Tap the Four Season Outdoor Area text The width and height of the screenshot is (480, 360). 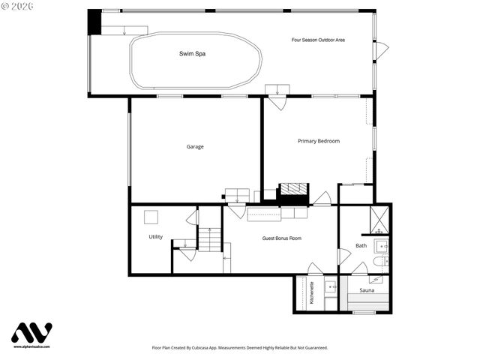tap(318, 39)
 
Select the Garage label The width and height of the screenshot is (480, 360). tap(195, 146)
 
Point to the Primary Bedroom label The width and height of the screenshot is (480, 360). tap(319, 141)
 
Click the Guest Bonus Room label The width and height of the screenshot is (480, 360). tap(281, 238)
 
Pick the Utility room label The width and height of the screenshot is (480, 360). tap(155, 237)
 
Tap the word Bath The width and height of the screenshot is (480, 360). tap(361, 245)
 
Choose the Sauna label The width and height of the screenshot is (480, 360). tap(367, 289)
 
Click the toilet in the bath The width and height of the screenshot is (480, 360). tap(379, 262)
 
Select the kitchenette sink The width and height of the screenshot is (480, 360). tap(330, 286)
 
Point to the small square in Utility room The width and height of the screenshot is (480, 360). tap(151, 217)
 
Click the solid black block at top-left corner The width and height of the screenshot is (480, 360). tap(94, 21)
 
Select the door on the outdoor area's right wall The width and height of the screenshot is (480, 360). tap(382, 51)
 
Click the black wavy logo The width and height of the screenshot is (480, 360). tap(31, 332)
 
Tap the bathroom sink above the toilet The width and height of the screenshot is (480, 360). tap(382, 245)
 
